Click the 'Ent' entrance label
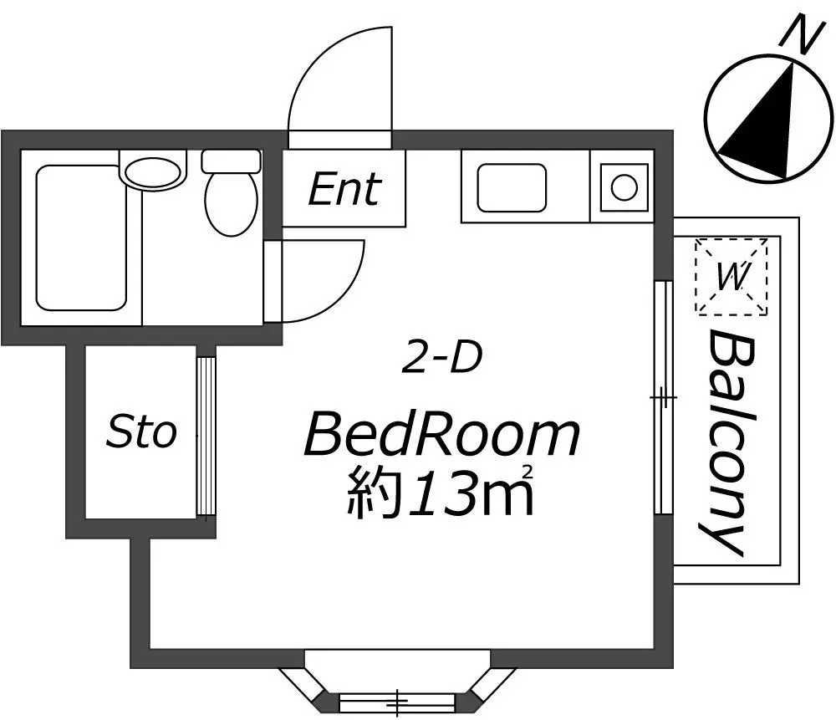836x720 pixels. (344, 189)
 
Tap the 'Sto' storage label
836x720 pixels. (141, 432)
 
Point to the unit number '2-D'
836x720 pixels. (441, 357)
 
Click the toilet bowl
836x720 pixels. (231, 204)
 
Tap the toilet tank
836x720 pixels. (231, 161)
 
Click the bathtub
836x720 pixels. (81, 237)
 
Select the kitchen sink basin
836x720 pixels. (512, 187)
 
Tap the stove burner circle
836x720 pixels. (624, 187)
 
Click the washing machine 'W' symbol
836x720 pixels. (731, 276)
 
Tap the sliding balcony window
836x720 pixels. (663, 397)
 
